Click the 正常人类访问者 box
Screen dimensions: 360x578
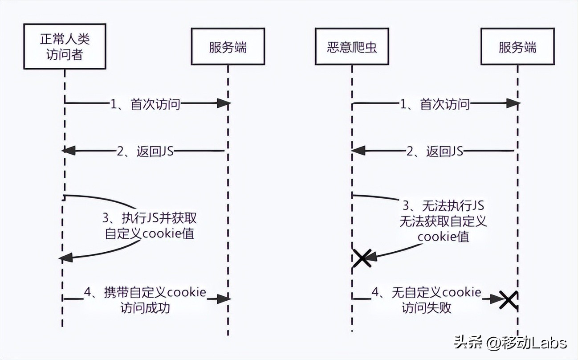tap(65, 47)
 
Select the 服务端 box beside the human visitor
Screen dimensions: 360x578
tap(228, 47)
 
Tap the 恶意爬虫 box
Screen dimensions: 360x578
tap(352, 47)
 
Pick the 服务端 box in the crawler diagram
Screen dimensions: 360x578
tap(517, 47)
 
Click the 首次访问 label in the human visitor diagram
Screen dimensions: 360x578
tap(146, 104)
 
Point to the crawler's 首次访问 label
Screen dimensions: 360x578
tap(435, 104)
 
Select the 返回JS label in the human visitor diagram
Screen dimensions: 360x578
tap(145, 151)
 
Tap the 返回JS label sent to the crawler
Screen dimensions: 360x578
tap(435, 151)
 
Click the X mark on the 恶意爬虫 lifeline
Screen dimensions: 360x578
tap(362, 258)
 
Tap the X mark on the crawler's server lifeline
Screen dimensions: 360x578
tap(507, 300)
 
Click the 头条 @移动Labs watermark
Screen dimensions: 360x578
tap(510, 342)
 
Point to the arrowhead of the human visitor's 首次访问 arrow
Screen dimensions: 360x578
tap(224, 104)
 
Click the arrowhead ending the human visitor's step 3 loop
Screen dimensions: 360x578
tap(66, 257)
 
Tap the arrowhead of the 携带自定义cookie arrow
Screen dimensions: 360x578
tap(224, 299)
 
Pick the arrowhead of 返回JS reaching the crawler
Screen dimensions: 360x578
tap(357, 151)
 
